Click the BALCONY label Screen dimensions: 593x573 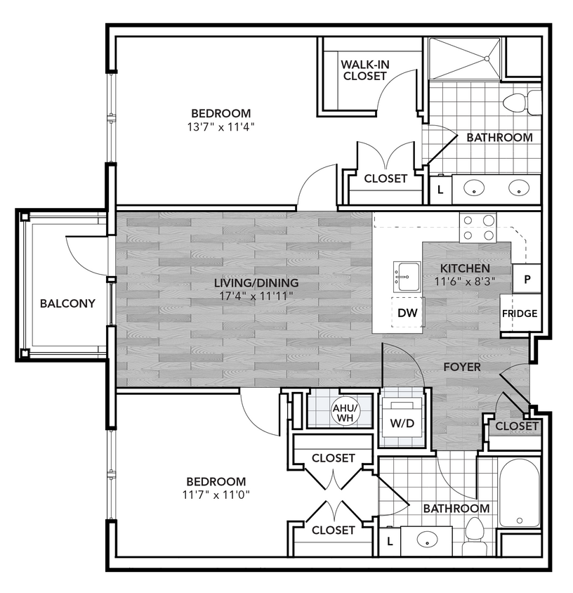click(x=67, y=304)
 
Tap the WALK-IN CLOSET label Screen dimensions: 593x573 click(x=364, y=70)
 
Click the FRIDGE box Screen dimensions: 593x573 click(x=520, y=313)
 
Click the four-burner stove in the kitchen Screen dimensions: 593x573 click(x=477, y=227)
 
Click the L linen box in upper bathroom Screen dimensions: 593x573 click(x=440, y=189)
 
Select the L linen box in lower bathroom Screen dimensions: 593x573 click(x=390, y=540)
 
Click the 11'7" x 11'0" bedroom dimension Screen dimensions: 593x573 click(x=216, y=494)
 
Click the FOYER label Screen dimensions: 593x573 click(x=461, y=367)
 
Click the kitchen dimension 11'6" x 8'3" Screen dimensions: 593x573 click(x=465, y=280)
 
